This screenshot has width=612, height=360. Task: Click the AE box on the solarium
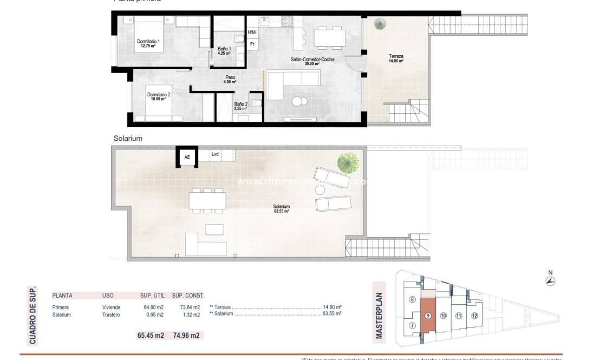pyautogui.click(x=187, y=157)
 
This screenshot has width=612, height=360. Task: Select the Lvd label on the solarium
pyautogui.click(x=215, y=154)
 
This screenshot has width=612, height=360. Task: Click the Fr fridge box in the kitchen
pyautogui.click(x=252, y=44)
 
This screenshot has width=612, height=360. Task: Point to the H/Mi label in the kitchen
pyautogui.click(x=252, y=32)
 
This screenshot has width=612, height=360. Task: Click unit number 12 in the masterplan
pyautogui.click(x=474, y=316)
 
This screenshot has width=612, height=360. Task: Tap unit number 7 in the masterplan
pyautogui.click(x=412, y=325)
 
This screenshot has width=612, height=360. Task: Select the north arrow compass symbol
pyautogui.click(x=551, y=280)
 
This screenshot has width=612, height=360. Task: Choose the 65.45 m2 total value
pyautogui.click(x=151, y=335)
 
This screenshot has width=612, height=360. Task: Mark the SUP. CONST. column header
pyautogui.click(x=188, y=296)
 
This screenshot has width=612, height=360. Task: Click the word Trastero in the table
pyautogui.click(x=111, y=315)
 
